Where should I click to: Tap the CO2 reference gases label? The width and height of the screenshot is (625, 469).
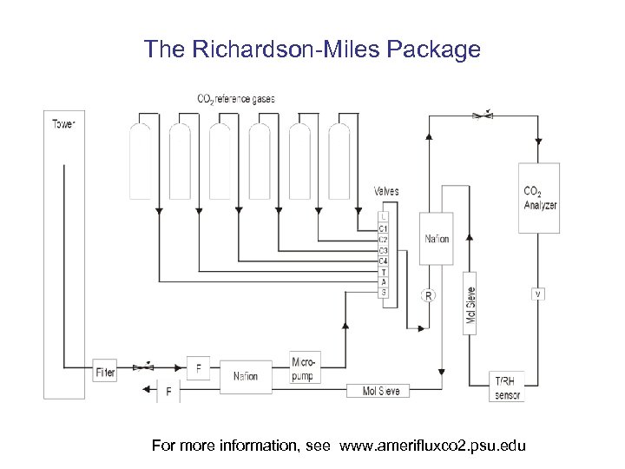[x=236, y=99]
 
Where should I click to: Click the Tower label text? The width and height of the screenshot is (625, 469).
[x=64, y=124]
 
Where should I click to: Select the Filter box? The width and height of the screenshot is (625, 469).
[x=105, y=372]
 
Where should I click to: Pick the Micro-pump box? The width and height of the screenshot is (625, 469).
[x=302, y=369]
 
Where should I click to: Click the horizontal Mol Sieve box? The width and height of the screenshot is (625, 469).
[x=381, y=392]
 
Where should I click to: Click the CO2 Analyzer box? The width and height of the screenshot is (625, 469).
[x=539, y=198]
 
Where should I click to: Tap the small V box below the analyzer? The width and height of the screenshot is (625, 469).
[x=538, y=294]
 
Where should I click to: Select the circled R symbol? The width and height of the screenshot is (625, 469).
[x=428, y=296]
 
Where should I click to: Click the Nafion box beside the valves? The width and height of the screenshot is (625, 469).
[x=437, y=239]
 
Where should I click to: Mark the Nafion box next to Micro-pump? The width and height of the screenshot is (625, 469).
[x=247, y=376]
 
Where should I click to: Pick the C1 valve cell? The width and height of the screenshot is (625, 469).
[x=383, y=228]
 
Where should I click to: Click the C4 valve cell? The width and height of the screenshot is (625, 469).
[x=383, y=261]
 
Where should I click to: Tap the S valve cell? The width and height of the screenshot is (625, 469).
[x=383, y=293]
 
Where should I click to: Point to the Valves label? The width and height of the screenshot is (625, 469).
[x=386, y=191]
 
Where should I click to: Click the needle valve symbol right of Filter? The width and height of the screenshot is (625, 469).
[x=145, y=367]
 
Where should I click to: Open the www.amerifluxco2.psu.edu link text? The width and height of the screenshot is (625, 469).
[x=432, y=446]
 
